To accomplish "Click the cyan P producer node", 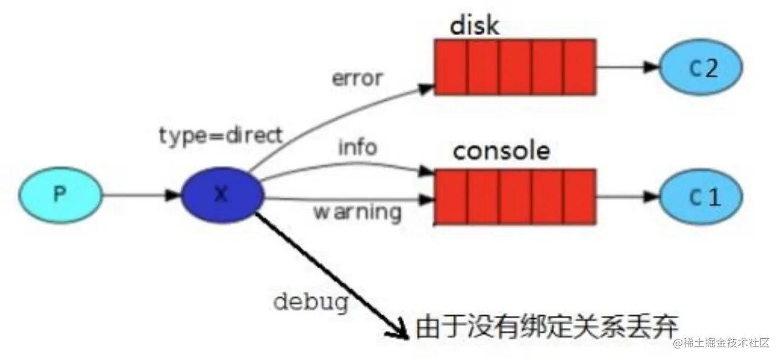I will tap(59, 194).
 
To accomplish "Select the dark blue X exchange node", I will tap(223, 194).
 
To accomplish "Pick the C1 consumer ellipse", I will tap(700, 197).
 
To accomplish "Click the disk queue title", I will tap(474, 26).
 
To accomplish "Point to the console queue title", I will tap(502, 151).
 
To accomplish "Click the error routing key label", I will tap(357, 79).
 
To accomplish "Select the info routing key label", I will tap(358, 147).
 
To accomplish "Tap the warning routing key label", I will tap(357, 212).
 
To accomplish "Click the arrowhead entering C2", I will tap(651, 68).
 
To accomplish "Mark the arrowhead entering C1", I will tap(651, 197).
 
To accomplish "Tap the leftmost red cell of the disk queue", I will tap(451, 67).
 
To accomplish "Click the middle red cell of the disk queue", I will tap(515, 67).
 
